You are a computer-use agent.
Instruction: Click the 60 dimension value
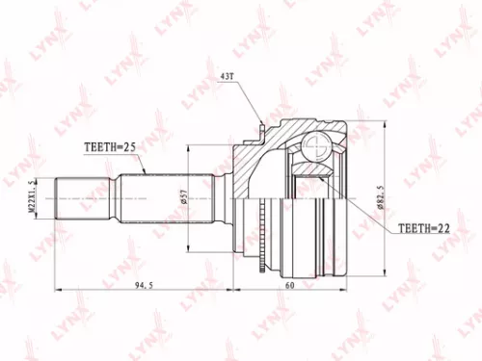[x=288, y=284]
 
